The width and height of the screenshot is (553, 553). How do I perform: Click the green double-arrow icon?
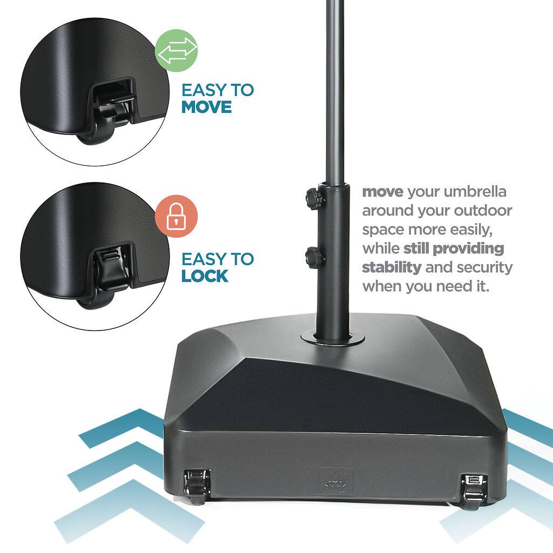[177, 50]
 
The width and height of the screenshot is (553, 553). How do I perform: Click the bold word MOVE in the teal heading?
[206, 107]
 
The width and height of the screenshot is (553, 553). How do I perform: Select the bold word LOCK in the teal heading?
[205, 276]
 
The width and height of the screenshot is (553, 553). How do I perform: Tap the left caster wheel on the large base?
[195, 484]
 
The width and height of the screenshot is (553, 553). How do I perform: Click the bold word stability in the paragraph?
[392, 267]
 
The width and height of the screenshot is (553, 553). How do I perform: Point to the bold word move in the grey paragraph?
[383, 192]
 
